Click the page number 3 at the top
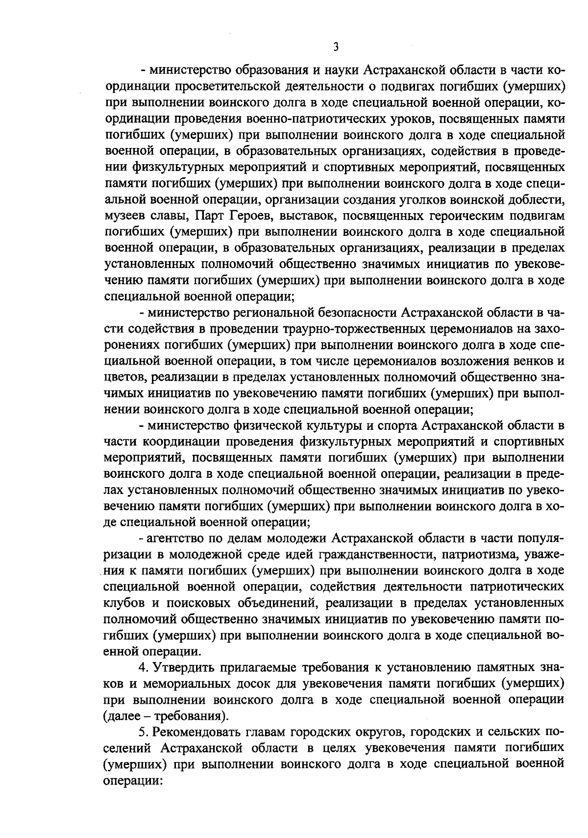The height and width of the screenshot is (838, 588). tap(336, 47)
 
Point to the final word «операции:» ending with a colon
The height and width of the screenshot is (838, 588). tap(133, 779)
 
